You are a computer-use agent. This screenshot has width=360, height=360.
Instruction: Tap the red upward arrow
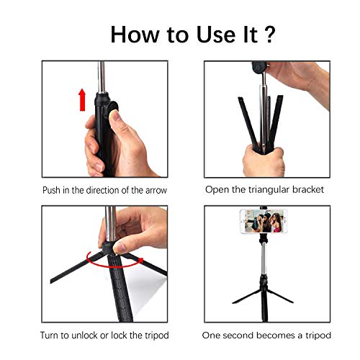point(82,99)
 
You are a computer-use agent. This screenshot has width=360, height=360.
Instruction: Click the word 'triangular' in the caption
point(270,190)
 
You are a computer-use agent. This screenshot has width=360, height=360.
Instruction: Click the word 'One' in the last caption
point(212,336)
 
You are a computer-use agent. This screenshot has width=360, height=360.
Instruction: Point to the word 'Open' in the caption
point(217,190)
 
